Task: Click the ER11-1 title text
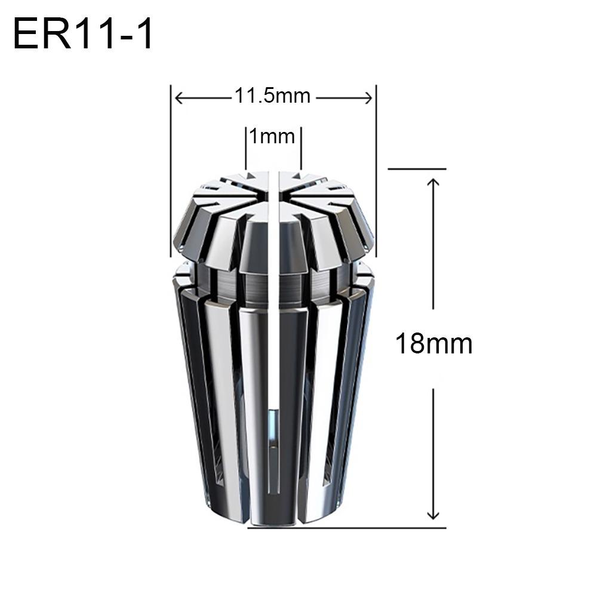coord(82,34)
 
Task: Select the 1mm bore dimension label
coord(272,136)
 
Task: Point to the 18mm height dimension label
coord(434,343)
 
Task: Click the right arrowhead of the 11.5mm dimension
coord(368,99)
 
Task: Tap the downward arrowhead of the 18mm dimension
coord(433,515)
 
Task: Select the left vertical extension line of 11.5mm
coord(171,171)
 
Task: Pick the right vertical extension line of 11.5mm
coord(376,171)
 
